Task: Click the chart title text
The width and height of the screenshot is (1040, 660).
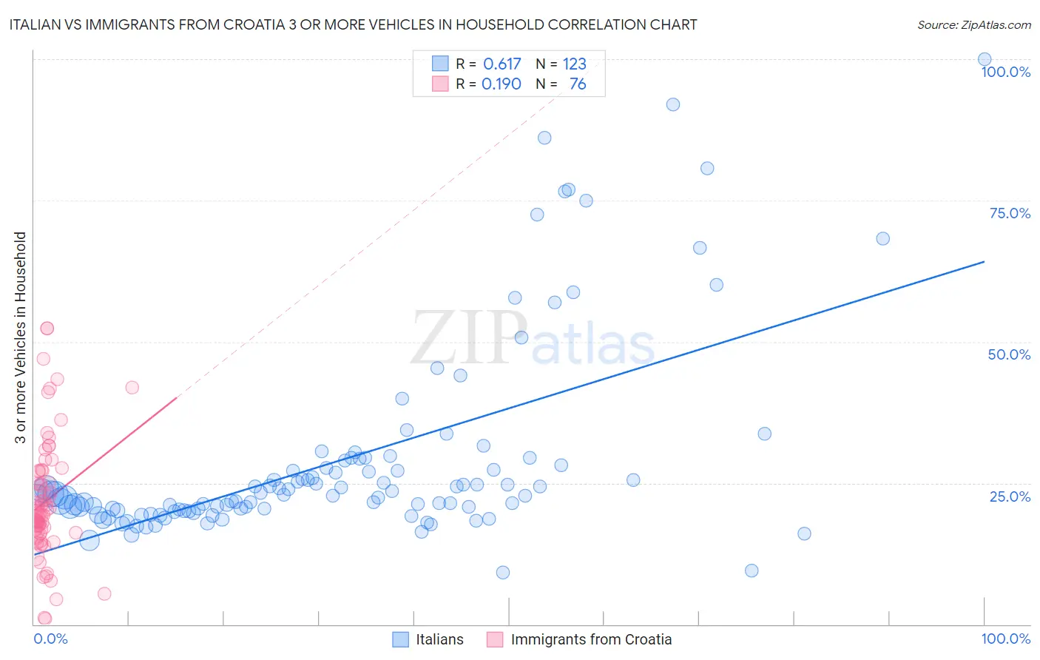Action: pos(353,24)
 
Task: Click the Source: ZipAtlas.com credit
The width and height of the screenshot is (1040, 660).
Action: pos(973,24)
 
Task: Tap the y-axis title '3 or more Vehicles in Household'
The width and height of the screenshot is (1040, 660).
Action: pos(20,337)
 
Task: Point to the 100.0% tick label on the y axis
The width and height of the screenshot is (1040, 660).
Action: pos(1005,72)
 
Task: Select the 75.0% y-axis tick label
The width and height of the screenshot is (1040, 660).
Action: pos(1010,213)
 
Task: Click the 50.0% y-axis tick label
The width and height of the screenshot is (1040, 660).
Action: pos(1009,354)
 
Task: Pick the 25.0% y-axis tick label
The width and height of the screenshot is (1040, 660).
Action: pos(1010,496)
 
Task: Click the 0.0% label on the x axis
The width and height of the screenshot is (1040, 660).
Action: pos(50,639)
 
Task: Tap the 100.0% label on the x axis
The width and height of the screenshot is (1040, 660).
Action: pos(1005,639)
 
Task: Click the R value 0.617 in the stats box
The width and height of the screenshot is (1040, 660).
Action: pos(502,64)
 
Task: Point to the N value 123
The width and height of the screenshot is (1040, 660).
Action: pos(574,64)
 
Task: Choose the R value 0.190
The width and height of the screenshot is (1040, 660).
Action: pos(502,84)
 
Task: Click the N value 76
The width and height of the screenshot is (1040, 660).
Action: pos(578,84)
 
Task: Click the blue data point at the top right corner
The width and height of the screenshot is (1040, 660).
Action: pos(985,59)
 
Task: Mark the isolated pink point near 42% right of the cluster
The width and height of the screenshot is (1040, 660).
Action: pos(132,387)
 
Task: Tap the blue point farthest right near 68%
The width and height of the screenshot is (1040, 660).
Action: pos(882,238)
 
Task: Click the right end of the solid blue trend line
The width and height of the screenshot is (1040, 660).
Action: pos(984,261)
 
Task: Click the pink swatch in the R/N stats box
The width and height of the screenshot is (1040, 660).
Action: pos(440,84)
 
